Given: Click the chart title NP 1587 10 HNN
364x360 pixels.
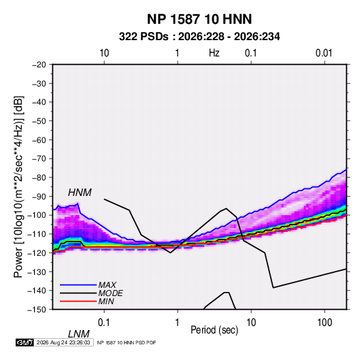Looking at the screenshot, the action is [199, 19].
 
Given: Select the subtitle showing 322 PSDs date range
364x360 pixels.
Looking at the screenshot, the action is [199, 37].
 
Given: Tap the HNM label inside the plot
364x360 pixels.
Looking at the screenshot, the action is [80, 193].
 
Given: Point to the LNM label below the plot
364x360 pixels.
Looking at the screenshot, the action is [78, 334].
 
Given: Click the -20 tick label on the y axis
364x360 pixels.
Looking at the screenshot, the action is [39, 65].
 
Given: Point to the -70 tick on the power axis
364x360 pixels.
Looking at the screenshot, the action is [39, 159].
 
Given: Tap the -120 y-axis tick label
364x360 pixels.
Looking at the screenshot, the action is [37, 252].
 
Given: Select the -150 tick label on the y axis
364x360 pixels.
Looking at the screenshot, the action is [37, 310].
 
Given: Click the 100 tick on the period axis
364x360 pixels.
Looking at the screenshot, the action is [325, 323].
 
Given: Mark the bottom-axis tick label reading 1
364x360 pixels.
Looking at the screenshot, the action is [178, 323].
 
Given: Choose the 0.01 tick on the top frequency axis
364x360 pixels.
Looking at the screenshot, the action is [324, 53].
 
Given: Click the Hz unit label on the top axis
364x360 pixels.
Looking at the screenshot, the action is [214, 53].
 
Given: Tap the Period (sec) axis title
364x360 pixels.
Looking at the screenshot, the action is [214, 330].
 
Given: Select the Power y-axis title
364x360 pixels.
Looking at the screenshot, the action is [18, 187].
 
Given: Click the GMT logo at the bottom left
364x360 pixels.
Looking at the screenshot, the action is [25, 342].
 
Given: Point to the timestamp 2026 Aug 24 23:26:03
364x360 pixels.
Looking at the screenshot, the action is [63, 342].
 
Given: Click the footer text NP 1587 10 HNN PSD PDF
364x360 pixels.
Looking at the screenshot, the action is [127, 342].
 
